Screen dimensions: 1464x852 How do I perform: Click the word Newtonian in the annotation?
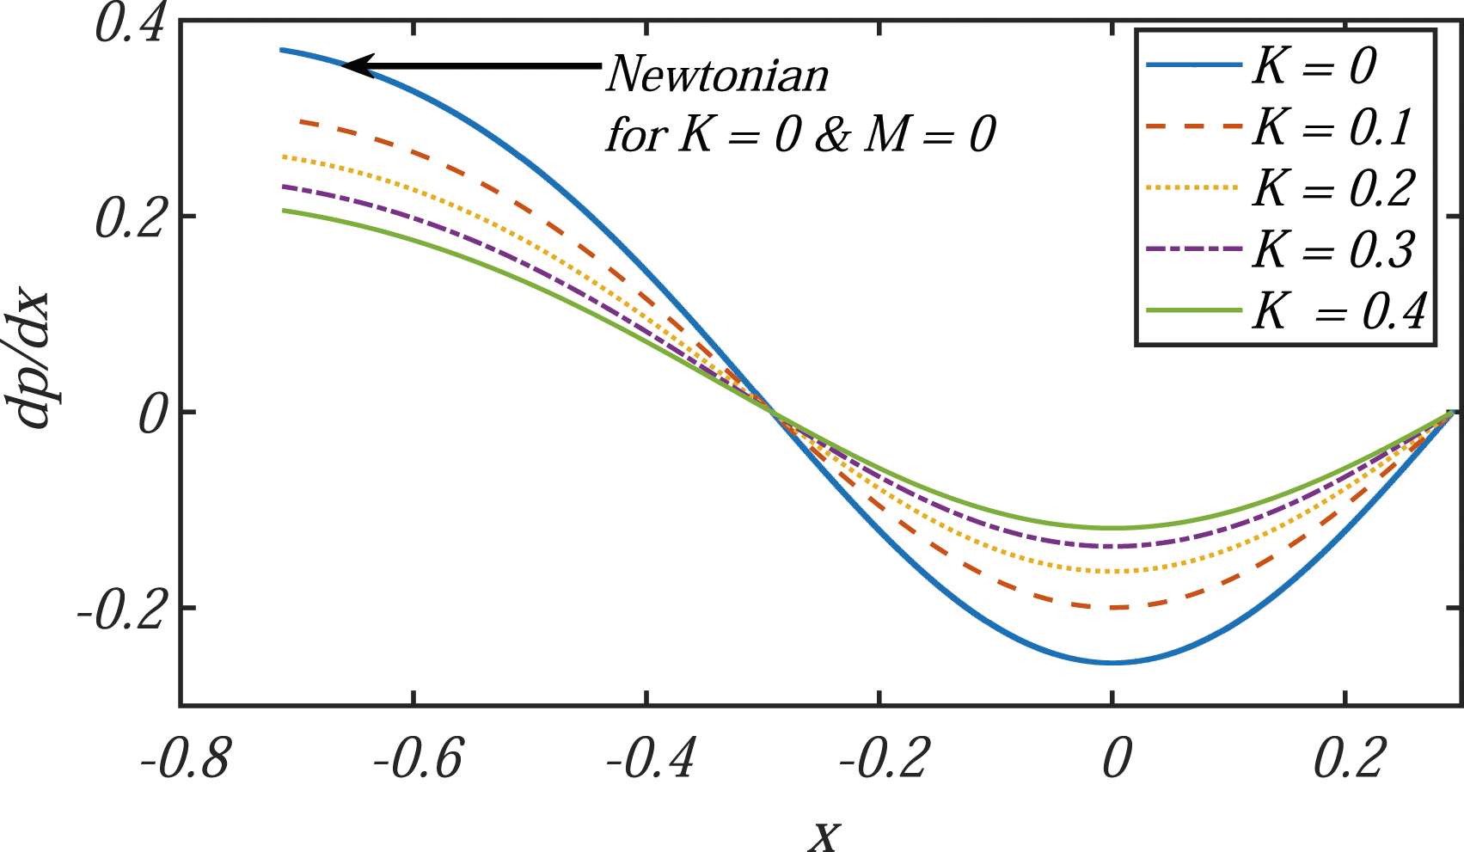click(718, 73)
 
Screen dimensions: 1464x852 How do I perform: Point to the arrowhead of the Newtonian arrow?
click(343, 65)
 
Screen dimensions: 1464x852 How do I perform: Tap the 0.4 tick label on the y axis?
click(129, 25)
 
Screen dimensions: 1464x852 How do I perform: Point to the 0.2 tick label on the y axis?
click(129, 220)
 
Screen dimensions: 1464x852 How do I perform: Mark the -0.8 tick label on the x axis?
click(184, 758)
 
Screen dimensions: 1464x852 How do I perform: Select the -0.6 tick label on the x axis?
click(419, 758)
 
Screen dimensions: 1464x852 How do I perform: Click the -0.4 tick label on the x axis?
click(650, 758)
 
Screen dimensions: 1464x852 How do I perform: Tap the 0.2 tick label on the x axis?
click(1349, 758)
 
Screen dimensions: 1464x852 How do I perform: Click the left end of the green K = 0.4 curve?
click(283, 210)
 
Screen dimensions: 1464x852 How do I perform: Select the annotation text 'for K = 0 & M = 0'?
click(800, 135)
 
